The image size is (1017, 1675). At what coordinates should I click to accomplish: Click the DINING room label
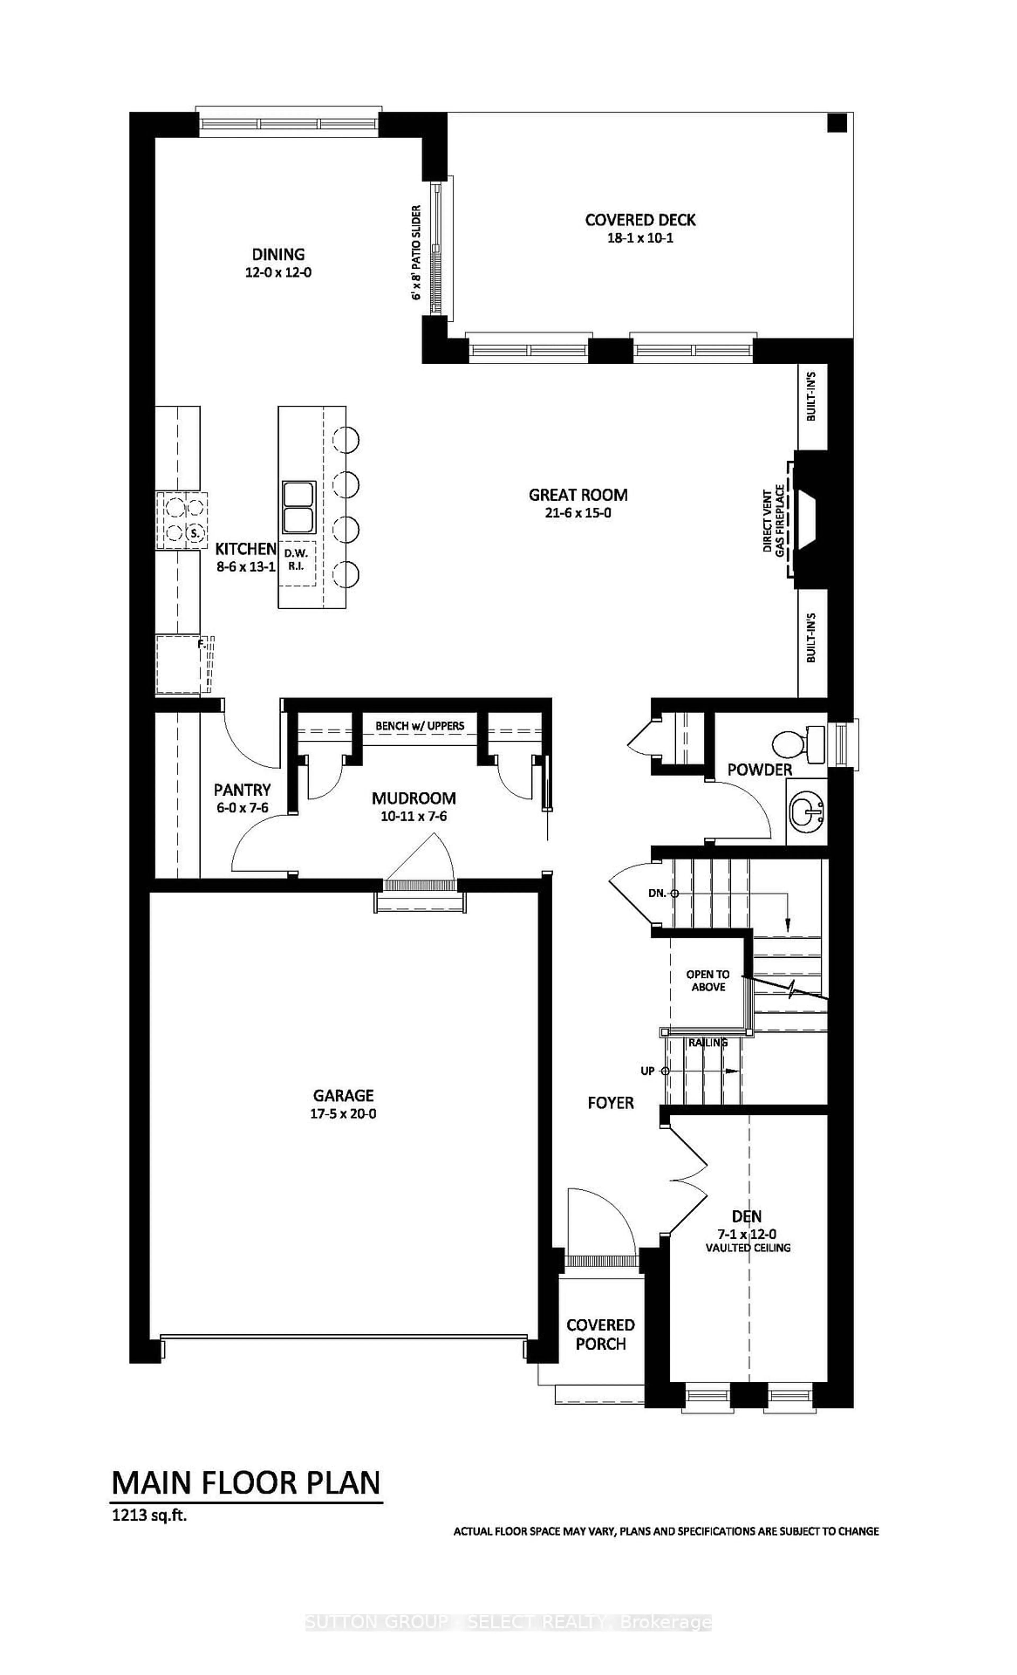[x=278, y=254]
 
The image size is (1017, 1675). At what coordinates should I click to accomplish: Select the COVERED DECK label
[x=640, y=220]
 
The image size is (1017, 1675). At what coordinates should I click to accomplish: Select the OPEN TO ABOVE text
[x=708, y=980]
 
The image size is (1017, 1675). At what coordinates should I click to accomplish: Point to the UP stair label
[x=647, y=1071]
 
